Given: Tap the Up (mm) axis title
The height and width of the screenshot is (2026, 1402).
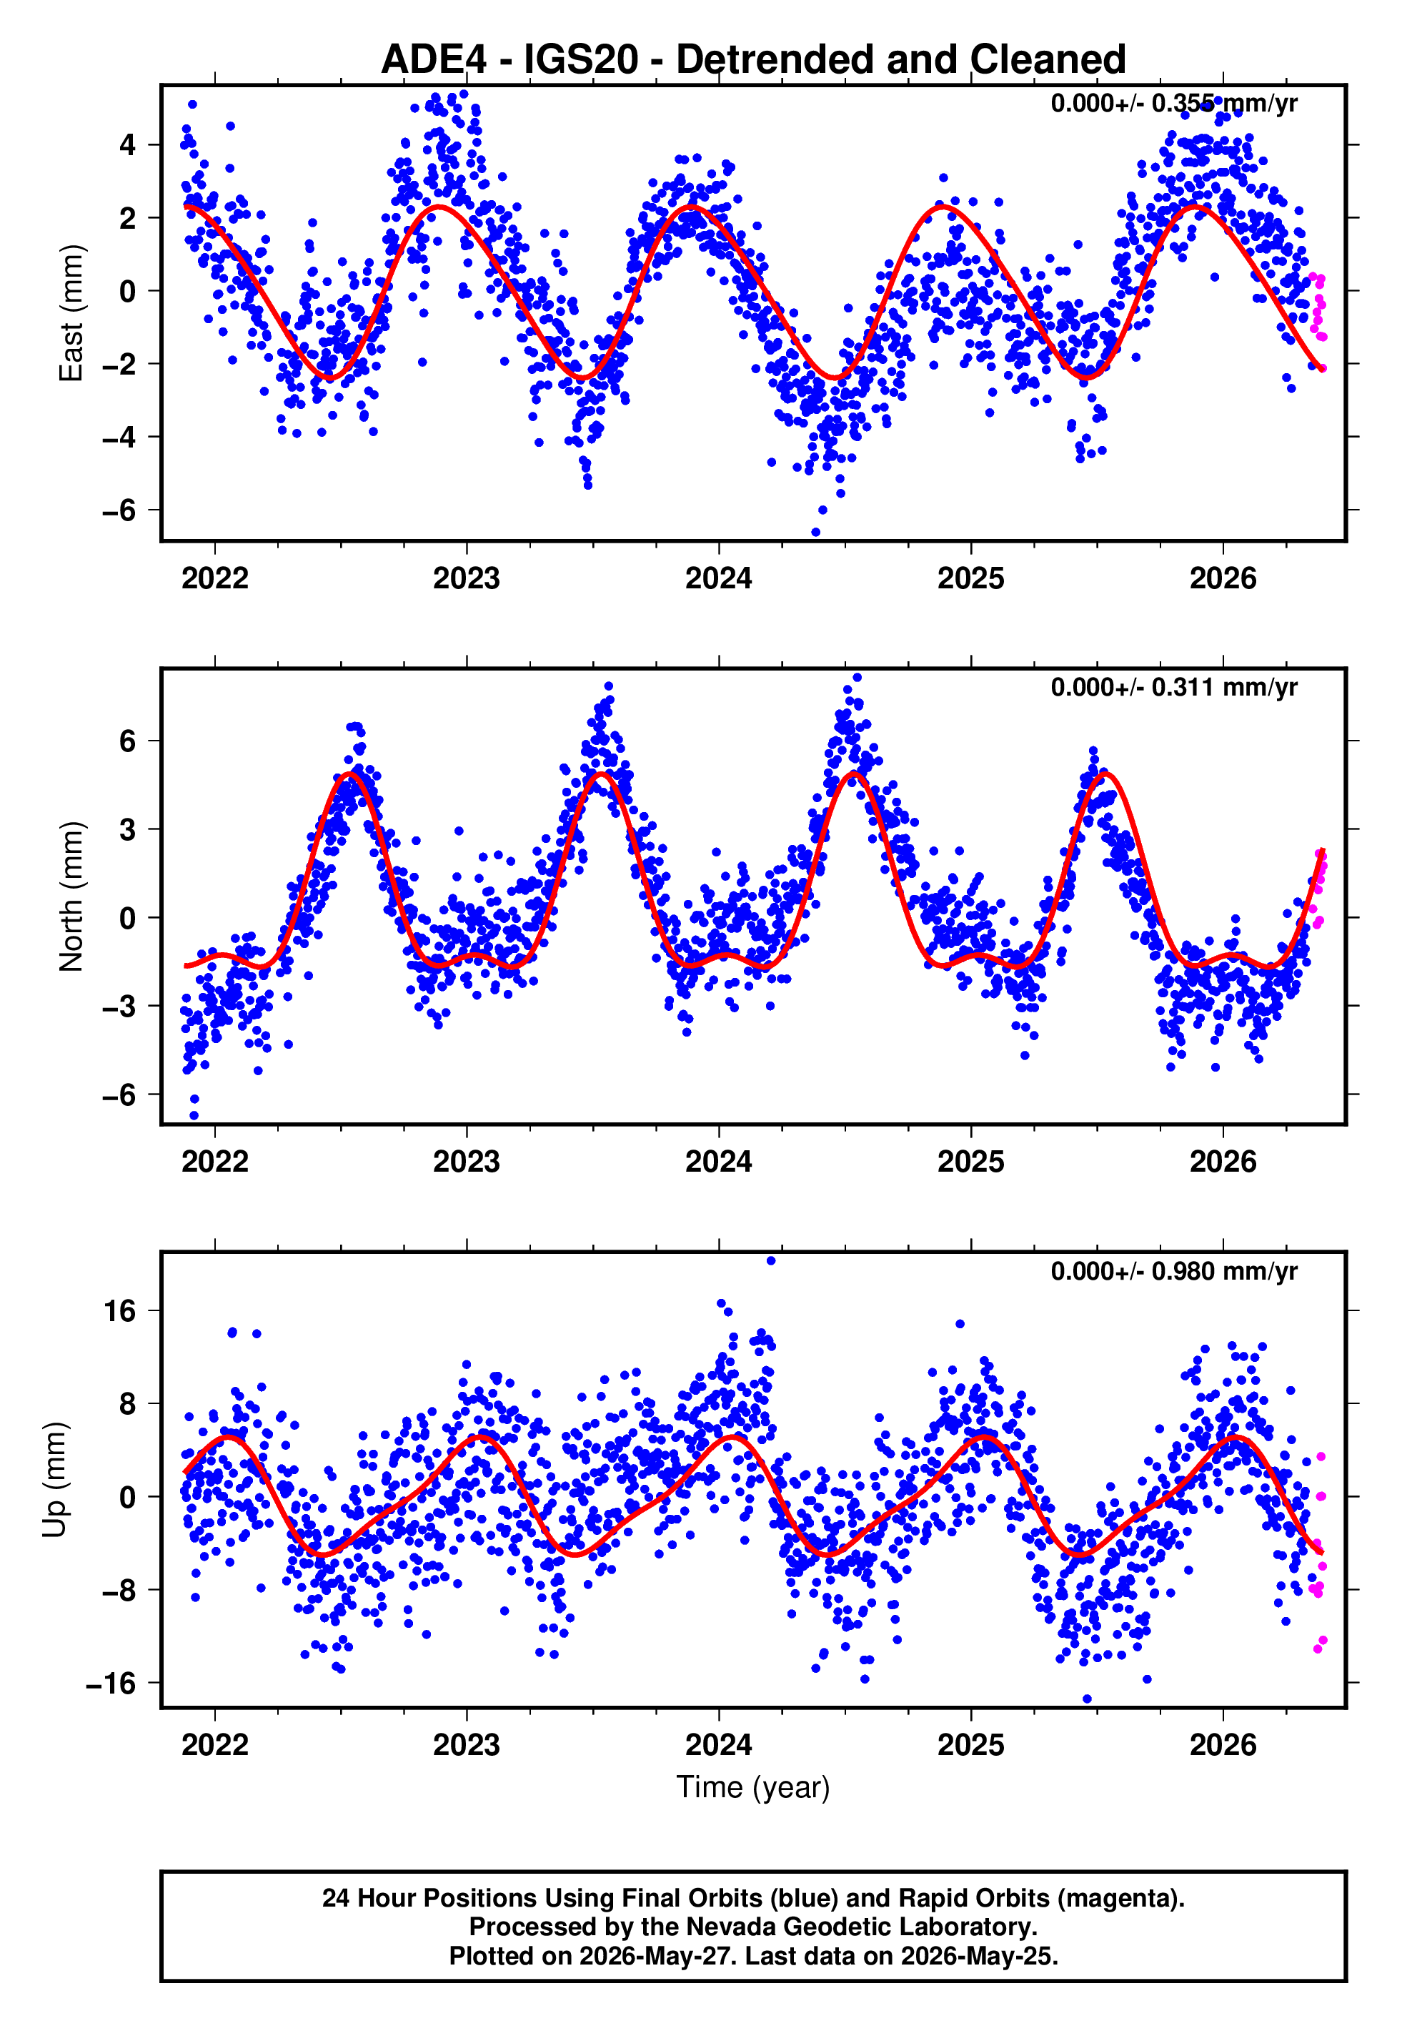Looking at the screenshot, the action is (54, 1480).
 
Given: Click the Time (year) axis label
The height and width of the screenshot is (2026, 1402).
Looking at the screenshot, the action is (753, 1788).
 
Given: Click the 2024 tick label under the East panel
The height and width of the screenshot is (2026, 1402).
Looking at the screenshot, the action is (719, 579).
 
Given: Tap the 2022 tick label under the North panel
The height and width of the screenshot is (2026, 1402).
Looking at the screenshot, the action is (215, 1162).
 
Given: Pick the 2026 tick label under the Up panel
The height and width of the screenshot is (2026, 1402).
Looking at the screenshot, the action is (1223, 1745).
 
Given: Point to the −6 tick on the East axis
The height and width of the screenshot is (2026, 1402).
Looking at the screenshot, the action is (119, 510).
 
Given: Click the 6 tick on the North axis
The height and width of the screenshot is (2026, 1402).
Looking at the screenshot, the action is (128, 741).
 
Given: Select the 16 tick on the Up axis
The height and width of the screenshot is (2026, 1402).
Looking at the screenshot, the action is (120, 1311).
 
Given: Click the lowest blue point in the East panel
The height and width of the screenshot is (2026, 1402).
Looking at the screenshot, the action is (815, 533).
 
